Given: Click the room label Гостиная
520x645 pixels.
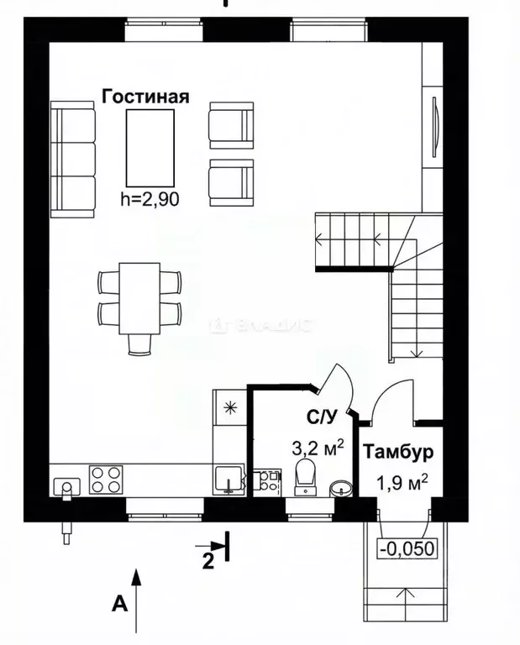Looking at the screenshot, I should pos(144,96).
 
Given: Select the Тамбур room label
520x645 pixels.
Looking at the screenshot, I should pos(398,453).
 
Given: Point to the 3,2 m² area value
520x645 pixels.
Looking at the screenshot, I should pos(318,448).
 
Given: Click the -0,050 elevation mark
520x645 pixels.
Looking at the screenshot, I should pos(409,548).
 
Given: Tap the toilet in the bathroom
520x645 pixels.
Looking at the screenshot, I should pos(305,475).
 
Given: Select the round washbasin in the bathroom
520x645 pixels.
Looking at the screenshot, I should pos(341,488).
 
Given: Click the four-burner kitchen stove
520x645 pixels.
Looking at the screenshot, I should pos(106,480).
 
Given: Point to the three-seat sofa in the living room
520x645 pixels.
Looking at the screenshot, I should pos(72,159).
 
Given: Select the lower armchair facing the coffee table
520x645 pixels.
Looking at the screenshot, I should pos(231,180).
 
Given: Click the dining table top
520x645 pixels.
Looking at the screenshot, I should pos(139,297).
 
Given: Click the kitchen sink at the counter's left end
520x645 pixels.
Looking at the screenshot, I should pos(66,485).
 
